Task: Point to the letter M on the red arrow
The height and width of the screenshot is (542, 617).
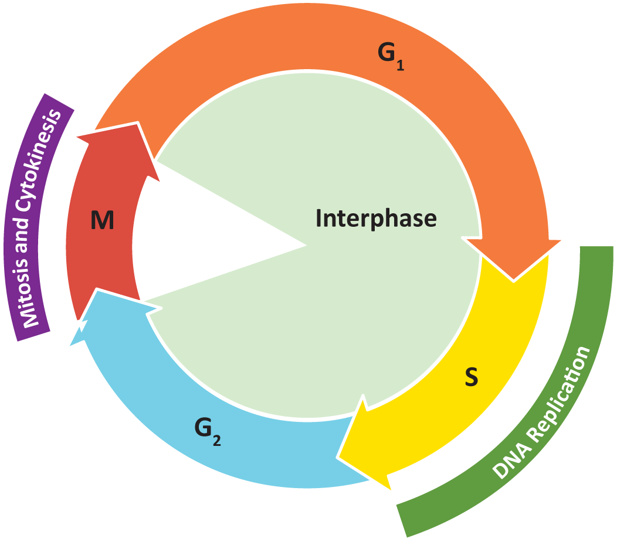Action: (x=103, y=221)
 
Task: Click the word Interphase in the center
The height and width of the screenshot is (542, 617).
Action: (x=376, y=219)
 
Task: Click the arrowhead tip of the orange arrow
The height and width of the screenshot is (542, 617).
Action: (x=515, y=279)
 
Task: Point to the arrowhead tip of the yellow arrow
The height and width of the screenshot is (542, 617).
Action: (x=340, y=457)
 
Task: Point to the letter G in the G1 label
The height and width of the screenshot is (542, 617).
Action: (x=386, y=54)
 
